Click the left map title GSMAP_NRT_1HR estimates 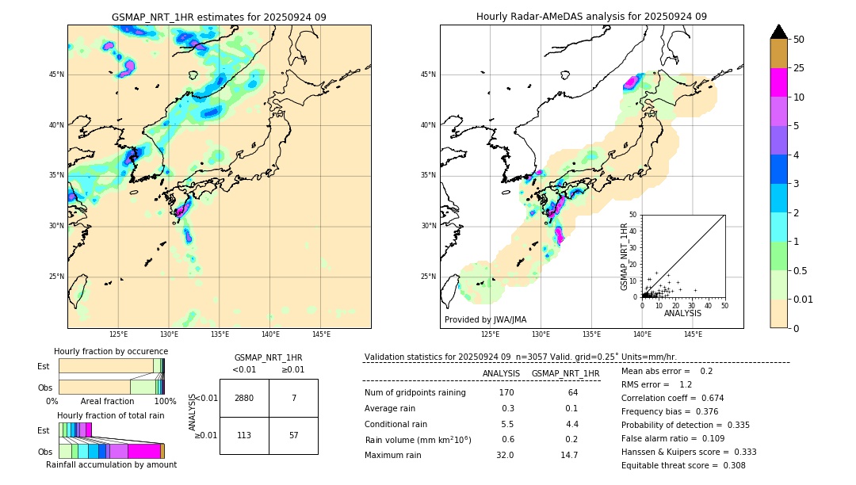click(219, 17)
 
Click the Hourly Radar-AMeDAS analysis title click(591, 17)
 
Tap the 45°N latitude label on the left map click(57, 74)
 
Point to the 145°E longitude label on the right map click(693, 334)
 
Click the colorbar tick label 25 click(799, 68)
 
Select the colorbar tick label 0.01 click(804, 299)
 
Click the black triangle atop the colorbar click(779, 32)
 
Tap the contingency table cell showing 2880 click(244, 398)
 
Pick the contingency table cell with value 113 click(244, 435)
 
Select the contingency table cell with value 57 click(293, 435)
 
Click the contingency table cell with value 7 click(293, 398)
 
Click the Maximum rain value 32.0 click(505, 455)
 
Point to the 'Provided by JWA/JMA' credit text click(485, 319)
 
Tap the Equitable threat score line click(683, 465)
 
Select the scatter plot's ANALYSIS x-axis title click(682, 313)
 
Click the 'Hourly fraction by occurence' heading click(111, 351)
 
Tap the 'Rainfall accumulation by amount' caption click(111, 464)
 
